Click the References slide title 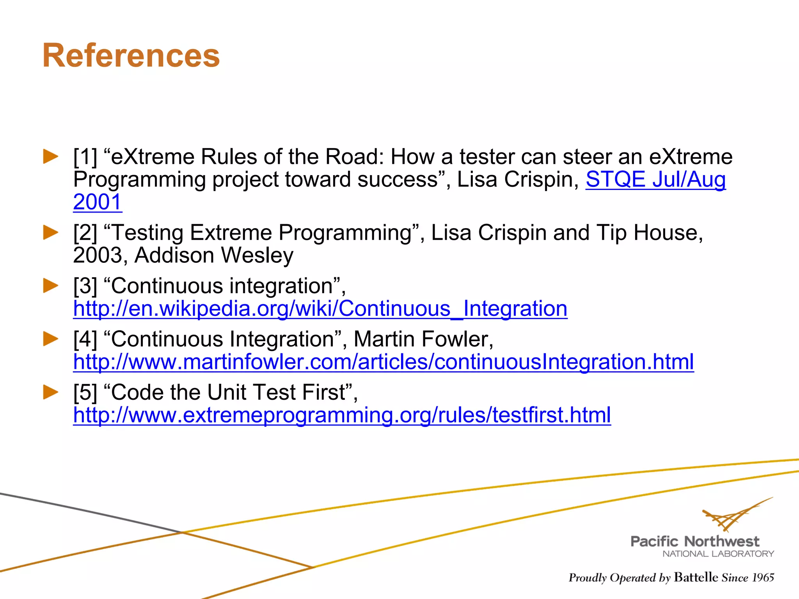(131, 56)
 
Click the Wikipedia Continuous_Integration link (320, 309)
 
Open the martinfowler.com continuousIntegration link (383, 362)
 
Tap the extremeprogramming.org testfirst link (342, 415)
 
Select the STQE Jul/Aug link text (655, 180)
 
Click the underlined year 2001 (98, 202)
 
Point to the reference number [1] (85, 157)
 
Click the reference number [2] (85, 233)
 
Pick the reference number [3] (85, 286)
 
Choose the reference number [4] (85, 339)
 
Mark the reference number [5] (85, 392)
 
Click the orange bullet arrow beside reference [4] (51, 338)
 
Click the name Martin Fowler (423, 339)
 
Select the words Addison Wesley (214, 255)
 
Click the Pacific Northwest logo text (695, 541)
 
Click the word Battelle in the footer (696, 577)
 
